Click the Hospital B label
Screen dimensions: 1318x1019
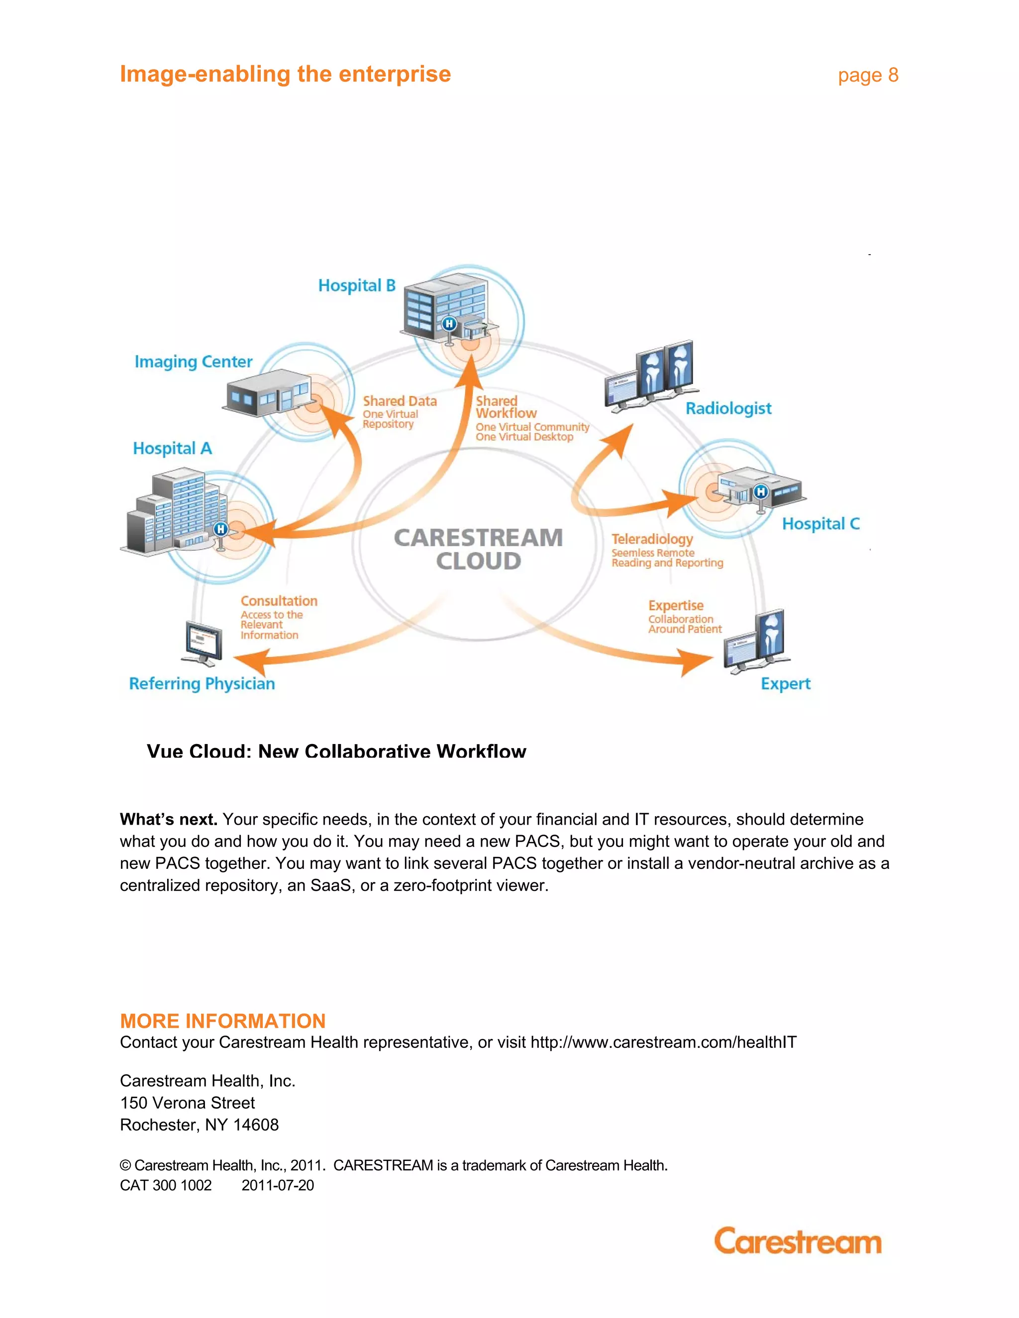(356, 285)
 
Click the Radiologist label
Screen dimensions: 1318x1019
(728, 408)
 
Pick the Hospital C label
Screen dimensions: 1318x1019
(820, 524)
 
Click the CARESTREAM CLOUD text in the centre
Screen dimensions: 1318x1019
(478, 549)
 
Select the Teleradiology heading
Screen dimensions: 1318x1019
(652, 539)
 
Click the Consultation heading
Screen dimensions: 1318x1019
(279, 601)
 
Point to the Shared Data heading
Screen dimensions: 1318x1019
(400, 401)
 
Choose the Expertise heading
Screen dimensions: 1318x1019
(676, 605)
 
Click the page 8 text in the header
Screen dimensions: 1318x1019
(867, 76)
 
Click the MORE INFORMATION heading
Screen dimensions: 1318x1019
(223, 1021)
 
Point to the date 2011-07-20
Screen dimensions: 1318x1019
(278, 1185)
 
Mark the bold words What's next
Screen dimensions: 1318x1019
(169, 820)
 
